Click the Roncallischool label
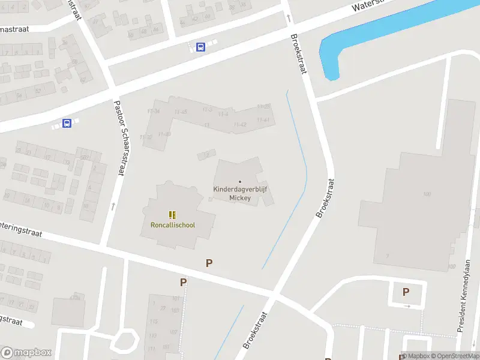coord(172,225)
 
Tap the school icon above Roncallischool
coord(172,214)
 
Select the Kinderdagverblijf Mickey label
coord(239,193)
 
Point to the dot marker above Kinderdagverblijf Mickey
coord(240,182)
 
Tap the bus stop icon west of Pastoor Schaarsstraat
coord(67,124)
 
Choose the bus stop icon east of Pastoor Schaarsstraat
coord(200,47)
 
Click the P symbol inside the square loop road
coord(406,292)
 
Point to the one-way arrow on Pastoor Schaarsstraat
coord(113,206)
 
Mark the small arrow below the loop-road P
coord(406,306)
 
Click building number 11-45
coord(181,112)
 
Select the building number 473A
coord(75,297)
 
